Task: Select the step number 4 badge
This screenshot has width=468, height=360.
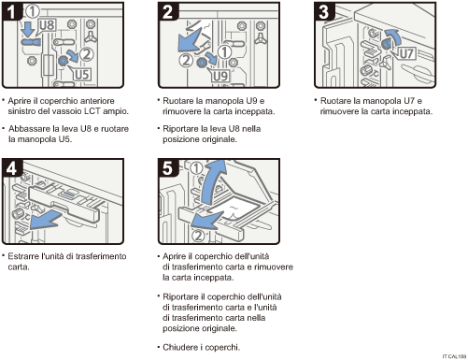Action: (13, 170)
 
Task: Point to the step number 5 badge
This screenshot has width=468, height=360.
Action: (166, 170)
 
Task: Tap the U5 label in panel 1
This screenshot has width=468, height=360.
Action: (82, 72)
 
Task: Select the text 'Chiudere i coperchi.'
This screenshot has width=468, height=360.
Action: (200, 347)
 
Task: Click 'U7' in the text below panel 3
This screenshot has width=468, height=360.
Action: (417, 100)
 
